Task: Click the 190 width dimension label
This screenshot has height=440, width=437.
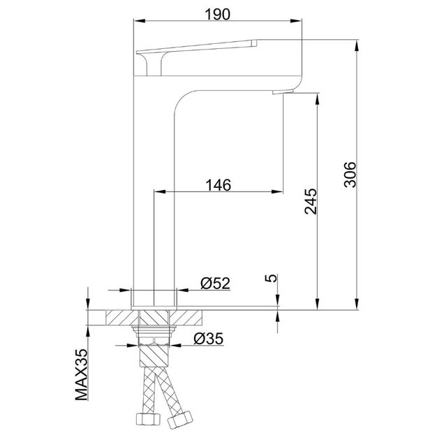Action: click(x=218, y=14)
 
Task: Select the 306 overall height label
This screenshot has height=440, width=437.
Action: click(x=350, y=175)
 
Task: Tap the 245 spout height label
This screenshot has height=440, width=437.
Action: click(x=311, y=201)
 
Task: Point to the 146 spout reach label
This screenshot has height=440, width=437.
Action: click(x=218, y=185)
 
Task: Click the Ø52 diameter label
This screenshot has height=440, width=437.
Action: click(x=216, y=283)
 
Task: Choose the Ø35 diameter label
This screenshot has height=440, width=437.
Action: click(x=209, y=339)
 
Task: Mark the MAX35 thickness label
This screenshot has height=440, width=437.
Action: click(x=82, y=374)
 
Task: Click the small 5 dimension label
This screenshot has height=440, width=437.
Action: click(x=271, y=278)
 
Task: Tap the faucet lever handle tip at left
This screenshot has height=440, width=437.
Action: click(x=138, y=52)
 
